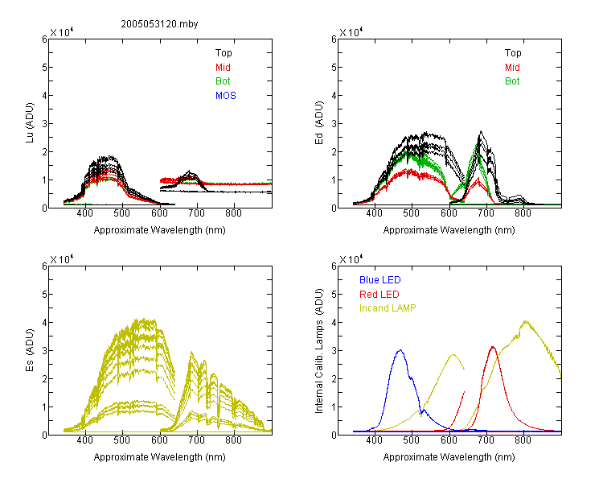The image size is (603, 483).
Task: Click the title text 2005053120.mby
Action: [x=159, y=24]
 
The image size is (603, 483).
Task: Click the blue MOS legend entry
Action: [x=226, y=96]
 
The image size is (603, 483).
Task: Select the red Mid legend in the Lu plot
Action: [x=223, y=68]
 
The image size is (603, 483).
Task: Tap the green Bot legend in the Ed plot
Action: [x=512, y=81]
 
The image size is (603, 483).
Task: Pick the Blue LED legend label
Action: [x=380, y=280]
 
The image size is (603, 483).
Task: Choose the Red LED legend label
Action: [x=379, y=295]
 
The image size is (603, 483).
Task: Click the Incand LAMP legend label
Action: [x=388, y=308]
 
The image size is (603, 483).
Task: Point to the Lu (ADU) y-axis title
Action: [x=30, y=123]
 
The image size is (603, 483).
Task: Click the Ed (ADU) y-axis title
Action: [x=319, y=123]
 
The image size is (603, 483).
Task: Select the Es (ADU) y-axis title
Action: [x=30, y=350]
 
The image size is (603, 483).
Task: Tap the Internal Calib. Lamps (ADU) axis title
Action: [x=319, y=351]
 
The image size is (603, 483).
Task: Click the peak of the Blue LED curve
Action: [x=400, y=350]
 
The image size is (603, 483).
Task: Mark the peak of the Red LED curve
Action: [x=493, y=347]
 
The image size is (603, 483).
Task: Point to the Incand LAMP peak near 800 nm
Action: [x=525, y=321]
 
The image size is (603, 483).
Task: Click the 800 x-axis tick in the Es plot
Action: [x=233, y=440]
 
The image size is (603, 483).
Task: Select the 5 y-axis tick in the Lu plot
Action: [x=44, y=68]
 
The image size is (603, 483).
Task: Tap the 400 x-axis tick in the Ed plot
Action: [x=374, y=213]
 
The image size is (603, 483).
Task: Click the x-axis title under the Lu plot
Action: [x=160, y=230]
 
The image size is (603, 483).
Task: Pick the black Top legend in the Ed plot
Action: [x=513, y=53]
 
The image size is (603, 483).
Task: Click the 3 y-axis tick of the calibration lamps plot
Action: [x=334, y=351]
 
